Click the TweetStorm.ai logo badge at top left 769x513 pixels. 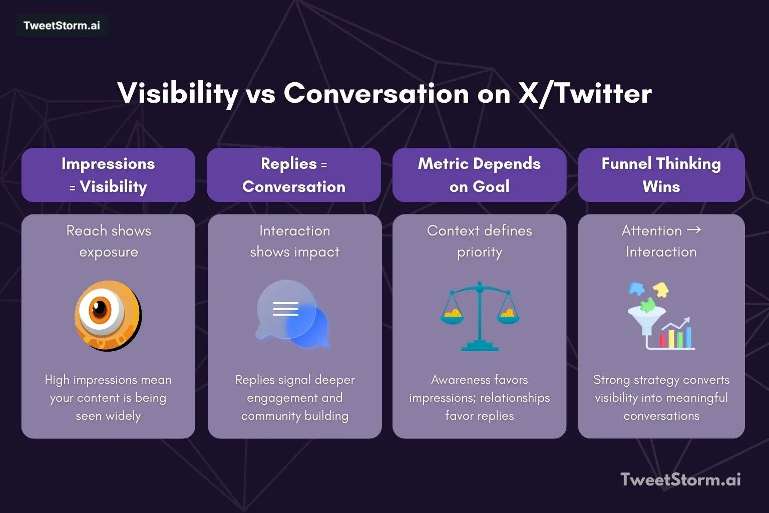[62, 26]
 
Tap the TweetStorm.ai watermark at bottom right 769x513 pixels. [680, 479]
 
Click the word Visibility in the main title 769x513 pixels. [177, 93]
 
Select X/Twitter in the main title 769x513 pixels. [585, 93]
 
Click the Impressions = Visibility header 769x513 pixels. [108, 175]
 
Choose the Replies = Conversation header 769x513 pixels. [294, 175]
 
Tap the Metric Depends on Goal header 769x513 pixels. [479, 175]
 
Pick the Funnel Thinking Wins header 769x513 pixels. [661, 175]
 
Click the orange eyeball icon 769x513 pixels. [108, 316]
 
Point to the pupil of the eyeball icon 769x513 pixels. [100, 309]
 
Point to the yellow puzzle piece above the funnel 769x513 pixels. [661, 289]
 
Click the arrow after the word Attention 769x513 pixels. [694, 230]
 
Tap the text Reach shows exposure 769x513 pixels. [108, 241]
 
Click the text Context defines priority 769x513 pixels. [479, 241]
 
